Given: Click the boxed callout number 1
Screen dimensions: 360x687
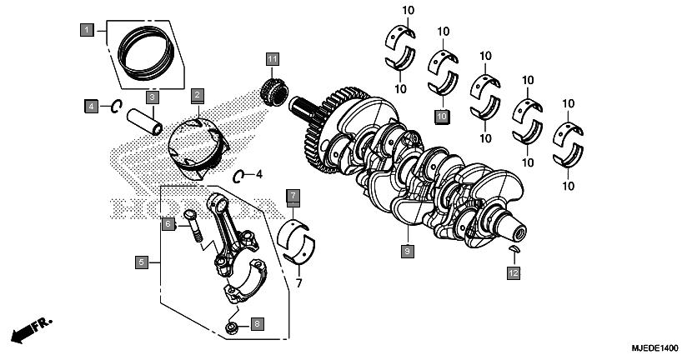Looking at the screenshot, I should point(86,31).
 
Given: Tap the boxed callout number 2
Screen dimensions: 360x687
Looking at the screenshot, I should point(198,95).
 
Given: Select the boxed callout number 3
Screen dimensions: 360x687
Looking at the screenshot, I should point(153,97).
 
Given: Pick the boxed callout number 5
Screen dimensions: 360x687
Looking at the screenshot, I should point(142,262).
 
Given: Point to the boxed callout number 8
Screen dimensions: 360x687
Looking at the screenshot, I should point(258,322).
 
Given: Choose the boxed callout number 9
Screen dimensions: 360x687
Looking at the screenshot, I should point(407,250).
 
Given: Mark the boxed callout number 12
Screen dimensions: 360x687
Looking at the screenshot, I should point(514,272).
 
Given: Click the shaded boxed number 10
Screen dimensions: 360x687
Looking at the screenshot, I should point(441,116).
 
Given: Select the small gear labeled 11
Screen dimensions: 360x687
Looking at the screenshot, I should point(272,87).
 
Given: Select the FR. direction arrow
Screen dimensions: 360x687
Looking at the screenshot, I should point(28,328).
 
